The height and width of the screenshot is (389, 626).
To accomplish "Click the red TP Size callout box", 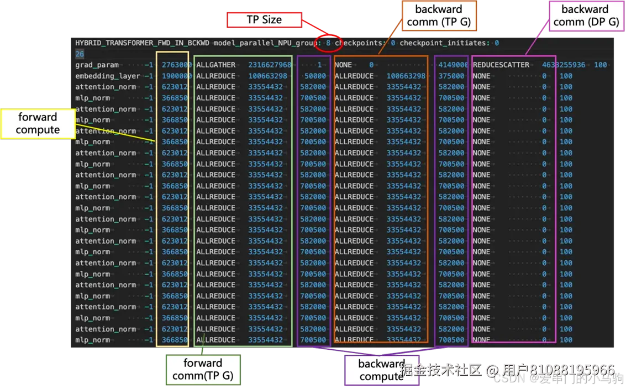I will click(264, 20).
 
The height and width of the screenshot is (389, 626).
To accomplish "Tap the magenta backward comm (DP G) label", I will click(585, 15).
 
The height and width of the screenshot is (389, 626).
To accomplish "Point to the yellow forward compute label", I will click(38, 123).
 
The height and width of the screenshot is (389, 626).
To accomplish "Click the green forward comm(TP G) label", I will click(203, 370).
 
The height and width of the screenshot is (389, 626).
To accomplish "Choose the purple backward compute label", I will click(381, 370).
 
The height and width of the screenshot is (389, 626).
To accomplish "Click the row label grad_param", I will click(97, 65).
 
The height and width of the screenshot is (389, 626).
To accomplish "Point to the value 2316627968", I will click(270, 65).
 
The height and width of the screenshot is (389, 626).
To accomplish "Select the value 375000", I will click(451, 76).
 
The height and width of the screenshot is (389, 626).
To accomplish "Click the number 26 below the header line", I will click(80, 54).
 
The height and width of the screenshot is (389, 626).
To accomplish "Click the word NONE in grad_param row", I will click(344, 65).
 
